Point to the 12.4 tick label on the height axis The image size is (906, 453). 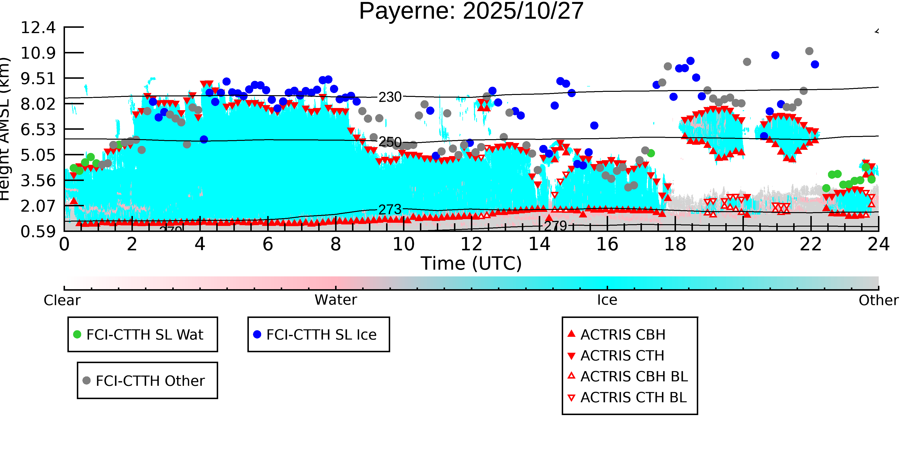[x=38, y=28]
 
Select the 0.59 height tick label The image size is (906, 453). [x=38, y=232]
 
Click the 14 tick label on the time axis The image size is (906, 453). [x=539, y=244]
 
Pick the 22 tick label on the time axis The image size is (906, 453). [x=811, y=244]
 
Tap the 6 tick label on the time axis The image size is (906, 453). [x=268, y=244]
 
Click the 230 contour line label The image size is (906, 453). [x=390, y=97]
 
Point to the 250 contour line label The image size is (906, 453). [x=390, y=142]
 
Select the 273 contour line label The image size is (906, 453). [x=390, y=210]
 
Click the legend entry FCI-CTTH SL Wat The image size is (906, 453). [x=144, y=334]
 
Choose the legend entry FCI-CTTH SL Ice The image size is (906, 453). [x=321, y=334]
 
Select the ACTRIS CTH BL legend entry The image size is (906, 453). [x=633, y=397]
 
